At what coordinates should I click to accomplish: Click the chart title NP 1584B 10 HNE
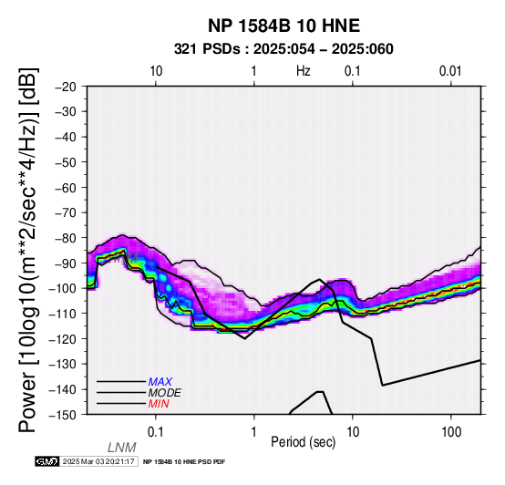283,26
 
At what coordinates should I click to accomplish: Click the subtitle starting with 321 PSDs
283,49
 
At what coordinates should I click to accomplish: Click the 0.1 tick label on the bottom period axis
156,432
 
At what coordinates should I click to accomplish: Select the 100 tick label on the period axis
451,432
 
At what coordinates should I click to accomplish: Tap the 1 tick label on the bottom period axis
254,432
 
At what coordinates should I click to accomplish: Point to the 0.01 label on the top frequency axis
450,71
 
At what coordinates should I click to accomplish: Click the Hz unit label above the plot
304,71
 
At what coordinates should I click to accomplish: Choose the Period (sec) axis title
303,442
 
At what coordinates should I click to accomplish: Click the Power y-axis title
27,250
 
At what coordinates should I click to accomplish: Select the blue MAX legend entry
160,382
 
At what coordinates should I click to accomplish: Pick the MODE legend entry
165,393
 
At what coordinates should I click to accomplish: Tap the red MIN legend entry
159,404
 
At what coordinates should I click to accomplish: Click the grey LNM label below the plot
122,448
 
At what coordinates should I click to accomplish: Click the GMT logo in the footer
47,461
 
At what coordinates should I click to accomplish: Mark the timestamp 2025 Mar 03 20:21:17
98,461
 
